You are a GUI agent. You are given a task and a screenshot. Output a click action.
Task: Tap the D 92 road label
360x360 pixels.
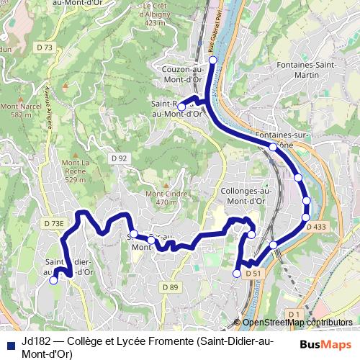pyautogui.click(x=120, y=157)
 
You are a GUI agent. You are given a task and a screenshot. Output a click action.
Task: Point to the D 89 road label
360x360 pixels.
pyautogui.click(x=170, y=287)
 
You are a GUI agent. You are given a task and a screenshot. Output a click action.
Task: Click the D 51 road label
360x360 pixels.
pyautogui.click(x=251, y=274)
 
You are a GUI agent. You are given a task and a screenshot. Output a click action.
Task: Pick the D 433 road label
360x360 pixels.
pyautogui.click(x=316, y=227)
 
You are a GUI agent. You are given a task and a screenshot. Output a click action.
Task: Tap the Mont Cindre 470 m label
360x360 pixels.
pyautogui.click(x=161, y=198)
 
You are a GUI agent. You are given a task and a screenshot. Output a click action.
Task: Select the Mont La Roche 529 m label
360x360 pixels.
pyautogui.click(x=75, y=171)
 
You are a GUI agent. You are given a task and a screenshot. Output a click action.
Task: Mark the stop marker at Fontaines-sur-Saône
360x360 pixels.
pyautogui.click(x=273, y=147)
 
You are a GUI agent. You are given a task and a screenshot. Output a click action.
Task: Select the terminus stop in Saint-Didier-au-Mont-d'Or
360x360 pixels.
pyautogui.click(x=53, y=281)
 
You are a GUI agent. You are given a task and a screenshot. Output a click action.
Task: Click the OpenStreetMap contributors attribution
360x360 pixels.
pyautogui.click(x=293, y=323)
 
